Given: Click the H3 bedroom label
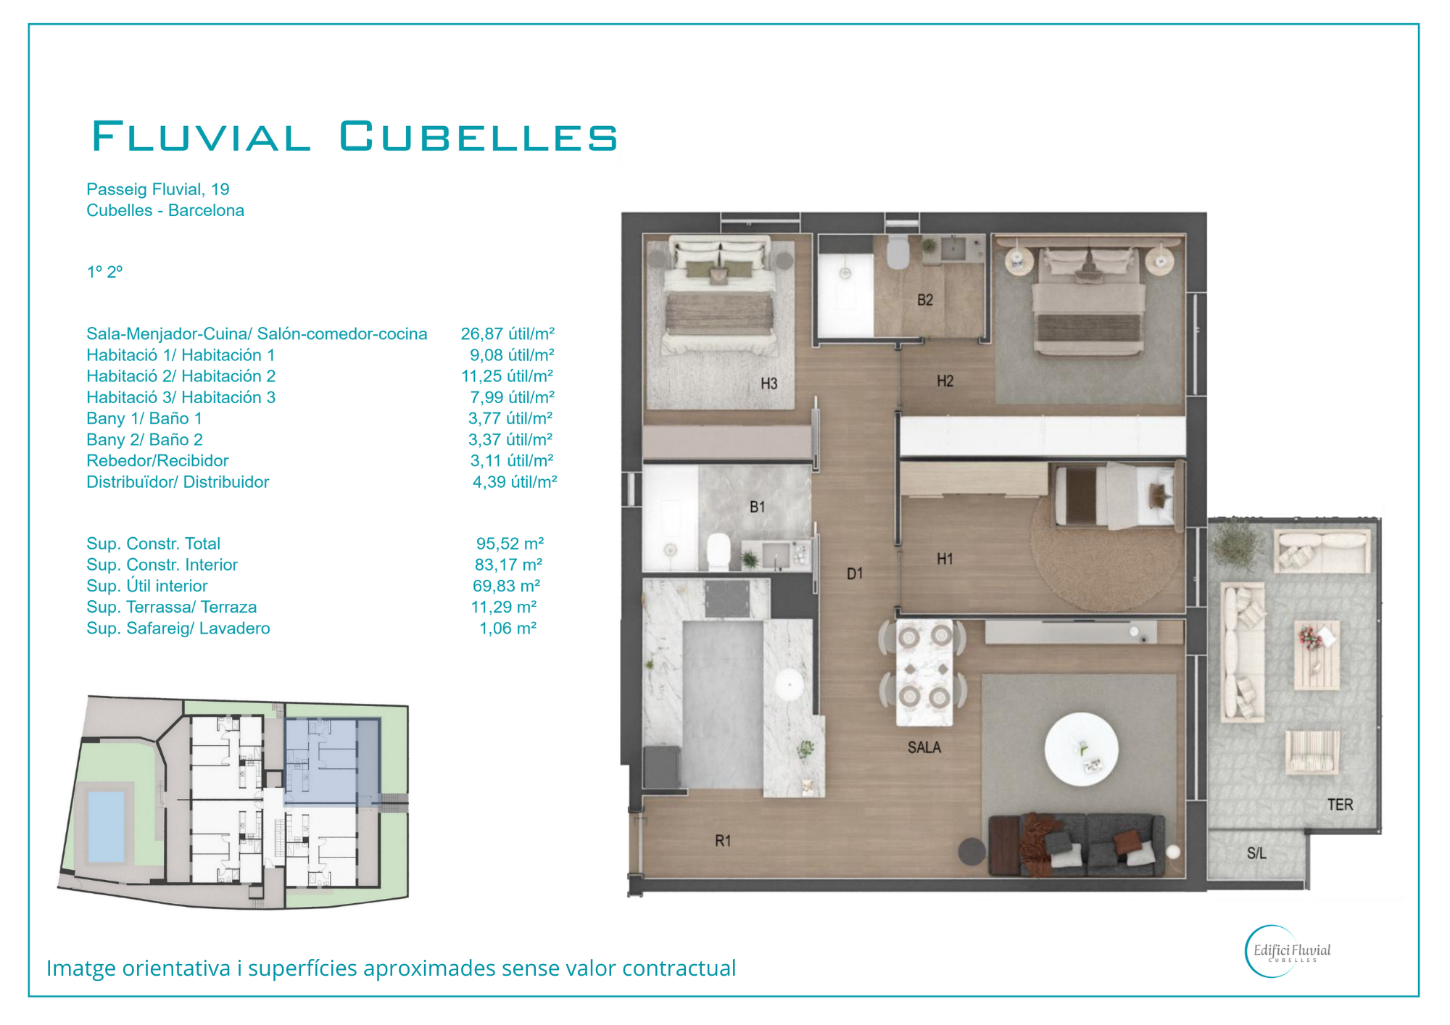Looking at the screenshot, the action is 768,383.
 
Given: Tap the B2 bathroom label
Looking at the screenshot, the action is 925,300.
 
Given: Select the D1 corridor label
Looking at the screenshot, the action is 855,573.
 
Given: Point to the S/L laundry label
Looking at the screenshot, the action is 1256,853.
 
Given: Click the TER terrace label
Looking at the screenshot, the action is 1340,804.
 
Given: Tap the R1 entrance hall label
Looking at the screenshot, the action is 723,841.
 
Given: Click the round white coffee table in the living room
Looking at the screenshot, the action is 1081,749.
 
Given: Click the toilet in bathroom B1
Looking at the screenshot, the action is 718,552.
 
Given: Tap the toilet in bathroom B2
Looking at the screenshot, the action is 898,252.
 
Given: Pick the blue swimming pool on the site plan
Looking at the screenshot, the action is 106,826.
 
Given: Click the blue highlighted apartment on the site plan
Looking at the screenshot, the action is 332,762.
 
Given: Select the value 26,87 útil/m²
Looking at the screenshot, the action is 507,334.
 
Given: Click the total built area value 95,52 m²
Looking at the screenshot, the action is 510,544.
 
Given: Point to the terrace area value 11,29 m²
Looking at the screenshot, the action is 504,607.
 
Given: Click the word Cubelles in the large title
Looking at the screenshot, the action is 478,136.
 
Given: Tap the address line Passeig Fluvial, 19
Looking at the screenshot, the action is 158,189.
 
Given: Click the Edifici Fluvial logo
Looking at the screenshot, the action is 1288,951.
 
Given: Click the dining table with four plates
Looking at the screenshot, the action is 924,672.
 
